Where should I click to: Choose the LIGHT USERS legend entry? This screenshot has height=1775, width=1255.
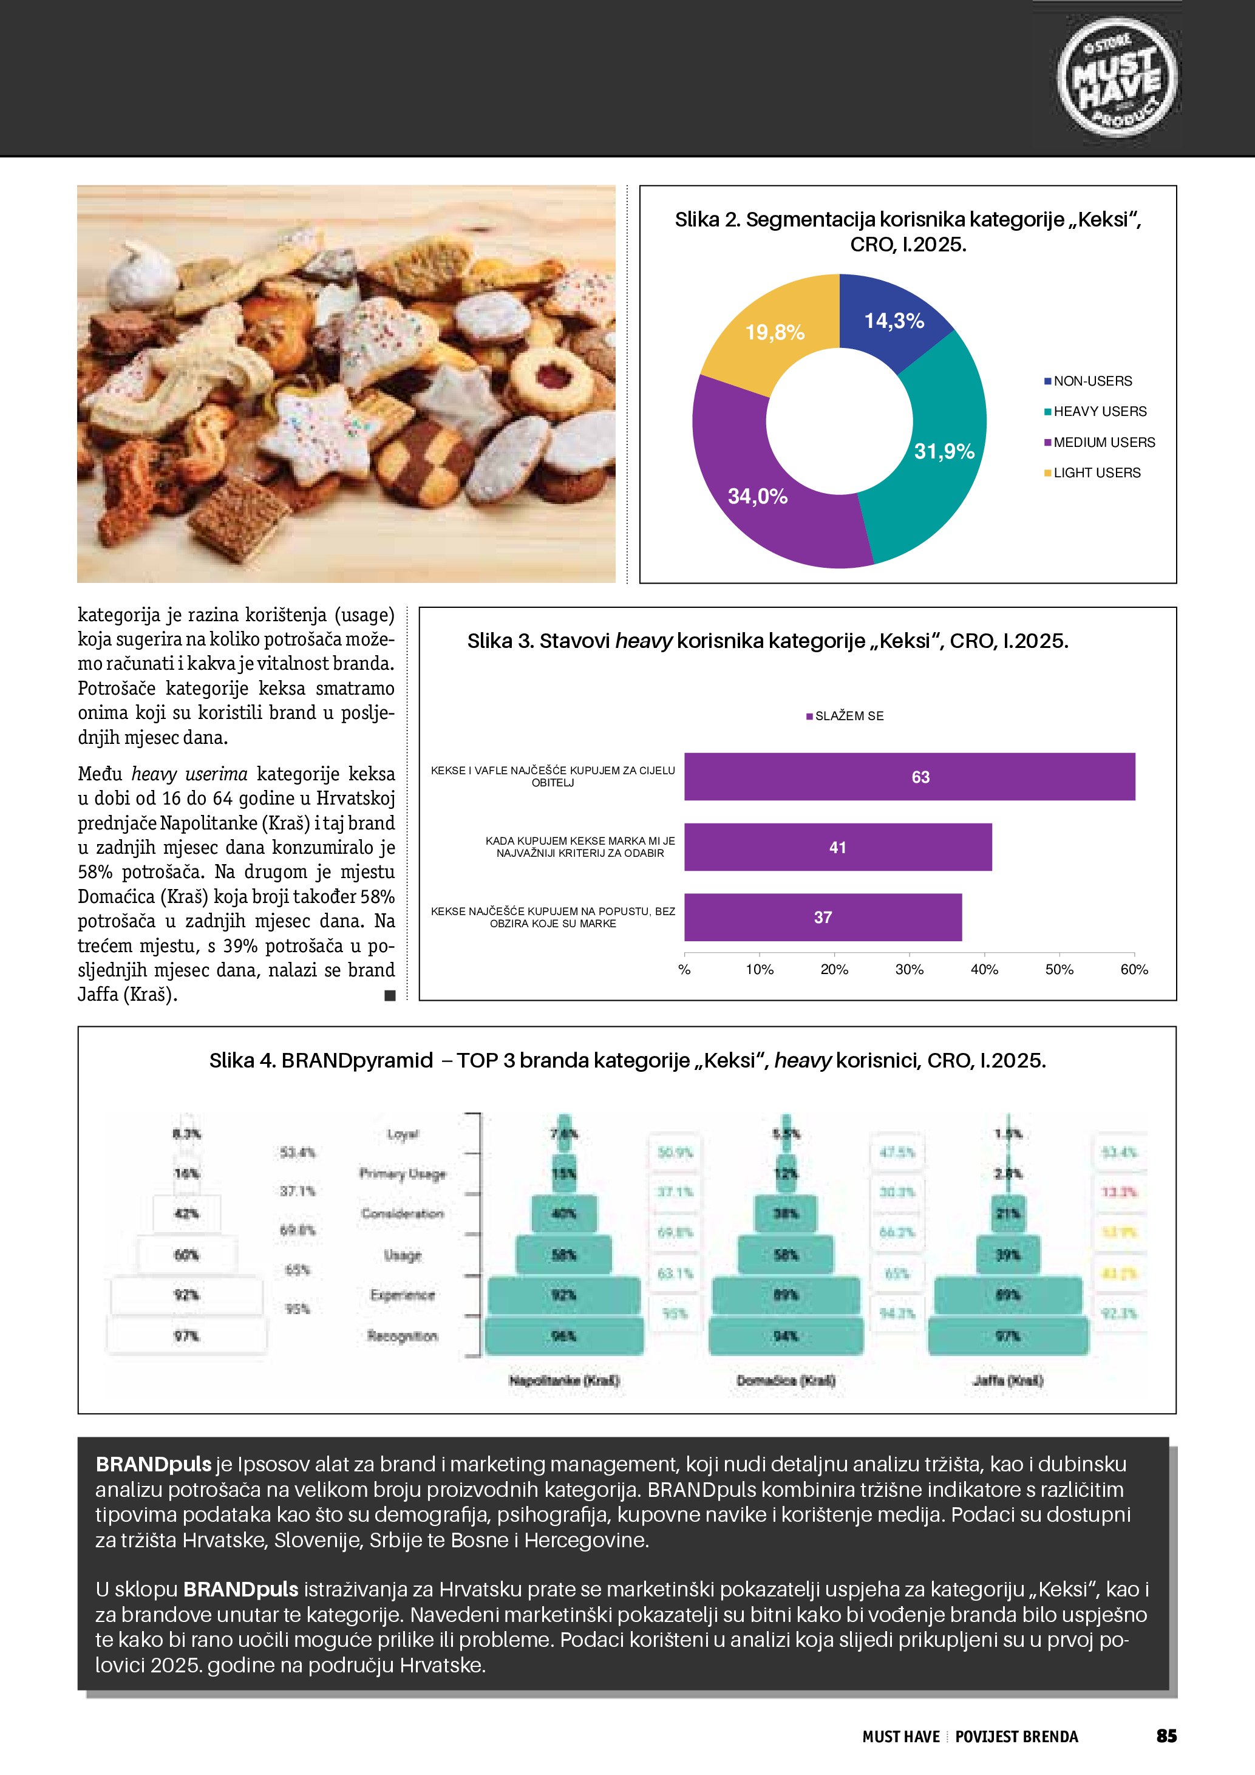click(1097, 472)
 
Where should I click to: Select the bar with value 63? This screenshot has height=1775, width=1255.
click(910, 776)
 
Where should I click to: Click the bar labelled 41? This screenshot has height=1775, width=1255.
click(838, 847)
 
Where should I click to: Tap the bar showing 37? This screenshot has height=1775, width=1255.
click(823, 917)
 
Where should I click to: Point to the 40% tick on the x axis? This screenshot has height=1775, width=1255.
click(984, 969)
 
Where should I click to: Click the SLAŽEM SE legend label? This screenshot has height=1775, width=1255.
click(849, 716)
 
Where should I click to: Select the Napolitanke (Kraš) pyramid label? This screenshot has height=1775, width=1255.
click(564, 1380)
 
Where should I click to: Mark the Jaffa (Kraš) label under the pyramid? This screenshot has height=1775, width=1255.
click(1008, 1380)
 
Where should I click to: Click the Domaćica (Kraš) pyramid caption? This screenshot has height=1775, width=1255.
click(786, 1380)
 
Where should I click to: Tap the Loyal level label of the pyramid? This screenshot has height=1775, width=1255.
click(403, 1134)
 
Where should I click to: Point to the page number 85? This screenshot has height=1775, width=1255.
click(1166, 1736)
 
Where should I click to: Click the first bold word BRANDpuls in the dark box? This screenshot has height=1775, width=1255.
click(153, 1464)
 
